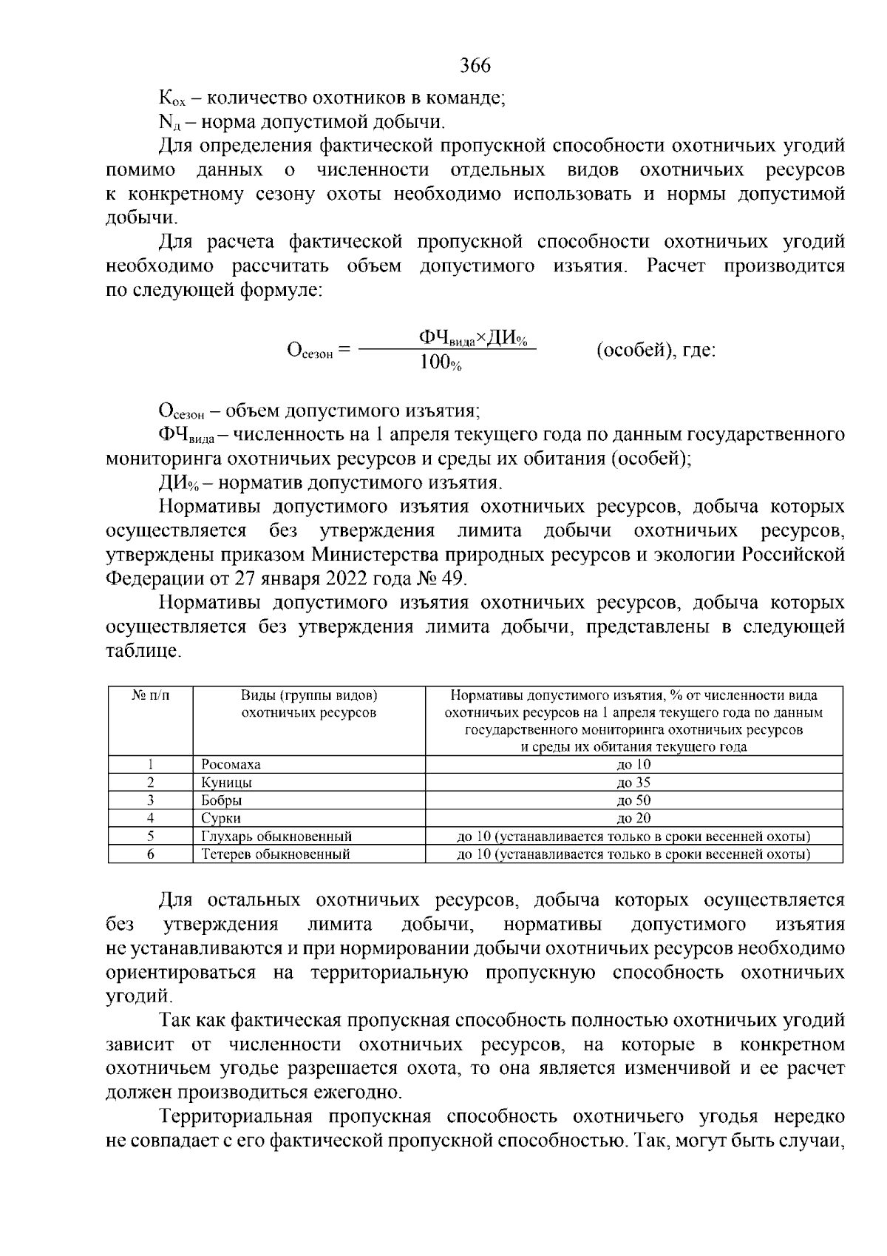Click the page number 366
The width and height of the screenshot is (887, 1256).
(x=475, y=66)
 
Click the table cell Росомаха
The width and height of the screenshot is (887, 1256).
(x=231, y=764)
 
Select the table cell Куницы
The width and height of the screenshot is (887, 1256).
(x=226, y=782)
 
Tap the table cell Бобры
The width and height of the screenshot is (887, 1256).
(x=222, y=800)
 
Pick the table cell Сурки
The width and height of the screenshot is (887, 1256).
(x=221, y=818)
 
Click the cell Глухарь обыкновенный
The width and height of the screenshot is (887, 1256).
(x=276, y=837)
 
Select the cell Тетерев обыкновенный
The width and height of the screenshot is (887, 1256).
(x=275, y=854)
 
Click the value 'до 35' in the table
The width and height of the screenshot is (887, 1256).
(x=633, y=782)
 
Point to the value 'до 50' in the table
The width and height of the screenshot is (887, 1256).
(x=633, y=800)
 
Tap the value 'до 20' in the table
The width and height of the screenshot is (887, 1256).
(x=633, y=818)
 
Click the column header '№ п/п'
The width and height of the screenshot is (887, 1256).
(x=150, y=695)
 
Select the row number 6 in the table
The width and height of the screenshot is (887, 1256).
(x=150, y=854)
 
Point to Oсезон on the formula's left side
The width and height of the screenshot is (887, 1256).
(x=311, y=350)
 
